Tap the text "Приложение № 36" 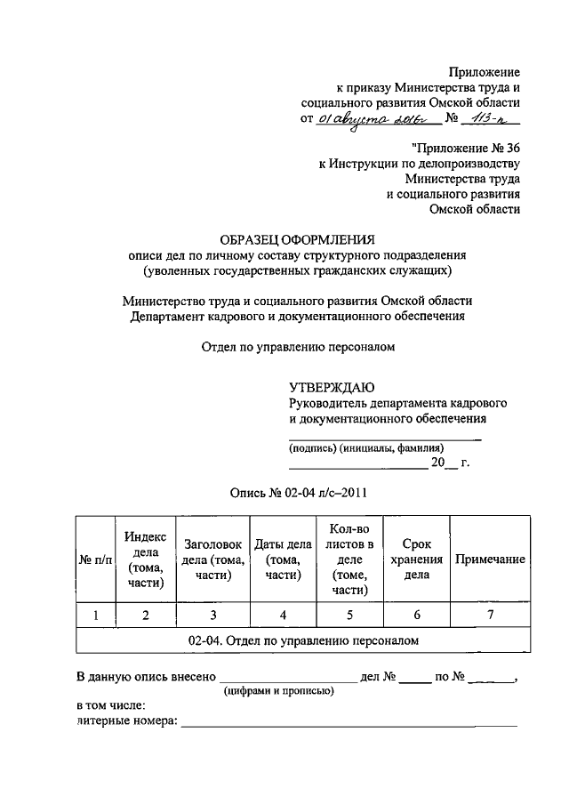466,147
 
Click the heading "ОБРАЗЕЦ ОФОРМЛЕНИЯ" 298,238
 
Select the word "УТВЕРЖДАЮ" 332,387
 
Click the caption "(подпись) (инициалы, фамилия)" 366,448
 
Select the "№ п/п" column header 97,559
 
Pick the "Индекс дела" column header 145,559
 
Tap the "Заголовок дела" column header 212,559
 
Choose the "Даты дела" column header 282,559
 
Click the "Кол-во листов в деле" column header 349,559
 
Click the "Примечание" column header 489,559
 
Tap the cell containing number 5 349,615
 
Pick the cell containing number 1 97,615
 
